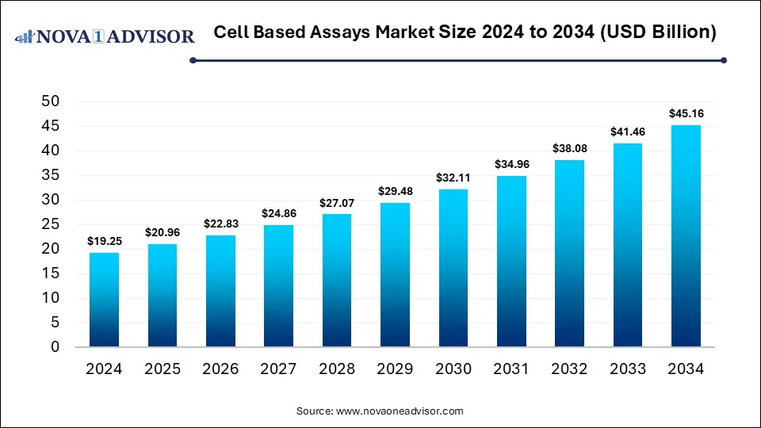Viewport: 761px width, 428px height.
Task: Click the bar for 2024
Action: pos(104,300)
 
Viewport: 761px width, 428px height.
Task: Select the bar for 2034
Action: pos(686,236)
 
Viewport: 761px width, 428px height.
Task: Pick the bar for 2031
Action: pos(511,261)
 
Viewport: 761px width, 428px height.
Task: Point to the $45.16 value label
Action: pos(686,113)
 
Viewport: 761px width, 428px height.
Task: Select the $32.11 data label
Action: pos(453,178)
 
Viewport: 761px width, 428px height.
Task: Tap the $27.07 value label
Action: pos(336,202)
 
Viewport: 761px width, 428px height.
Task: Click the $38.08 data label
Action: pos(569,148)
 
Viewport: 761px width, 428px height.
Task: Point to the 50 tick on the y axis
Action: pos(51,101)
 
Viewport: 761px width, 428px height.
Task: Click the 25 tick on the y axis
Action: pos(51,224)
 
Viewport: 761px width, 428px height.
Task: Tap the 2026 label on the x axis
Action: pos(220,369)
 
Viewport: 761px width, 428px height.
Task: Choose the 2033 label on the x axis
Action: pos(628,369)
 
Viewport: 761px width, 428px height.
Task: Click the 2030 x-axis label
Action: pos(453,369)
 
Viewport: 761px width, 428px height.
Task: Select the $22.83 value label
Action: pos(220,223)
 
